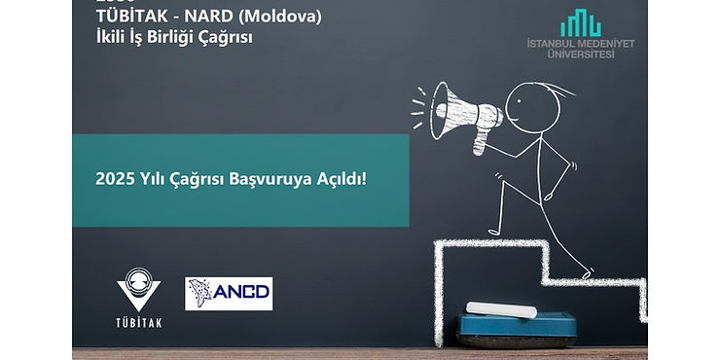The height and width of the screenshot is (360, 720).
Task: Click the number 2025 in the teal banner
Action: coord(113,179)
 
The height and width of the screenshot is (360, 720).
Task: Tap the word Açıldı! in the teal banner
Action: coord(340,179)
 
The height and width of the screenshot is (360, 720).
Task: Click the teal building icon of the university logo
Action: coord(580,22)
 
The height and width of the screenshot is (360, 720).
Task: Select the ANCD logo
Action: coord(229,294)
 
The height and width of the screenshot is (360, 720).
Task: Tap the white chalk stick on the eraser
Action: coord(501,309)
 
